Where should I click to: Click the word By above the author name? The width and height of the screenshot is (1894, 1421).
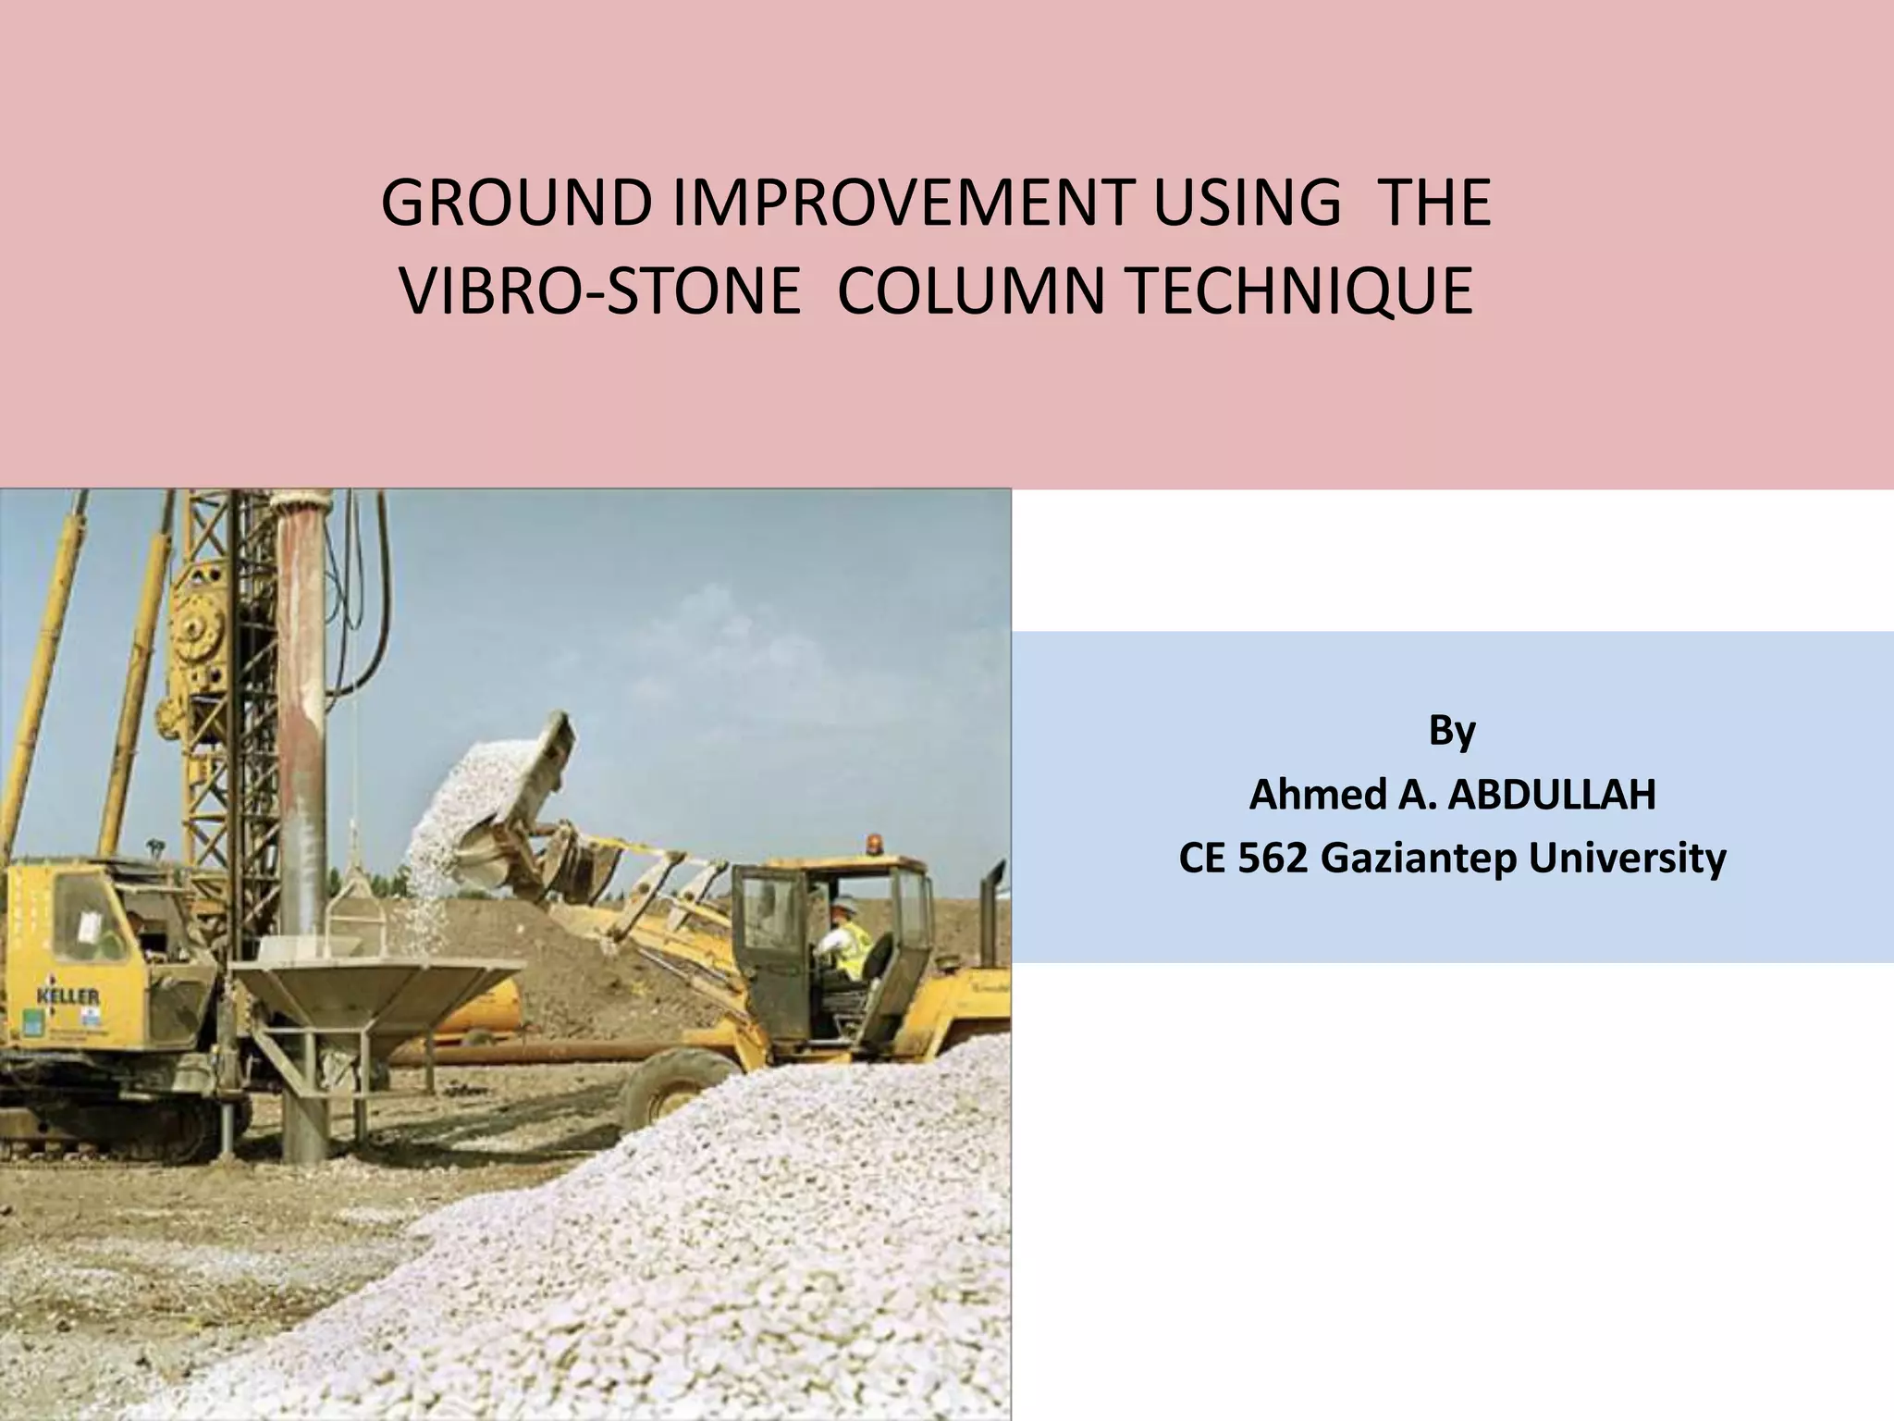click(x=1452, y=730)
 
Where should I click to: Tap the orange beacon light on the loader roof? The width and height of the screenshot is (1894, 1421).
click(x=872, y=844)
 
